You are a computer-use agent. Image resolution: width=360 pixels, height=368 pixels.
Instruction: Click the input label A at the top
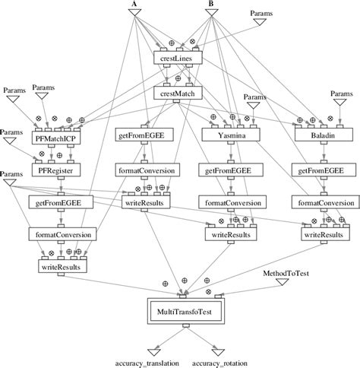tap(134, 4)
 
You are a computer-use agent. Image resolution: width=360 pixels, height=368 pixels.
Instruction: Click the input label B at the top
tap(211, 4)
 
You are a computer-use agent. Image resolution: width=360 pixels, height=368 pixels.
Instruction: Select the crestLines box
tap(175, 58)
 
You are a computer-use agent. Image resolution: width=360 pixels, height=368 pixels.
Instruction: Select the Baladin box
tap(319, 135)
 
